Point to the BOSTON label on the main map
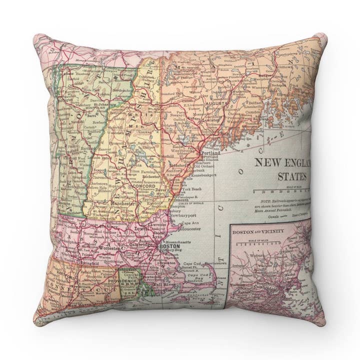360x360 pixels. click(x=168, y=246)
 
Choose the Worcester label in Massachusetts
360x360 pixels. click(x=108, y=247)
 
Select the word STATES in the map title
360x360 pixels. click(x=293, y=176)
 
